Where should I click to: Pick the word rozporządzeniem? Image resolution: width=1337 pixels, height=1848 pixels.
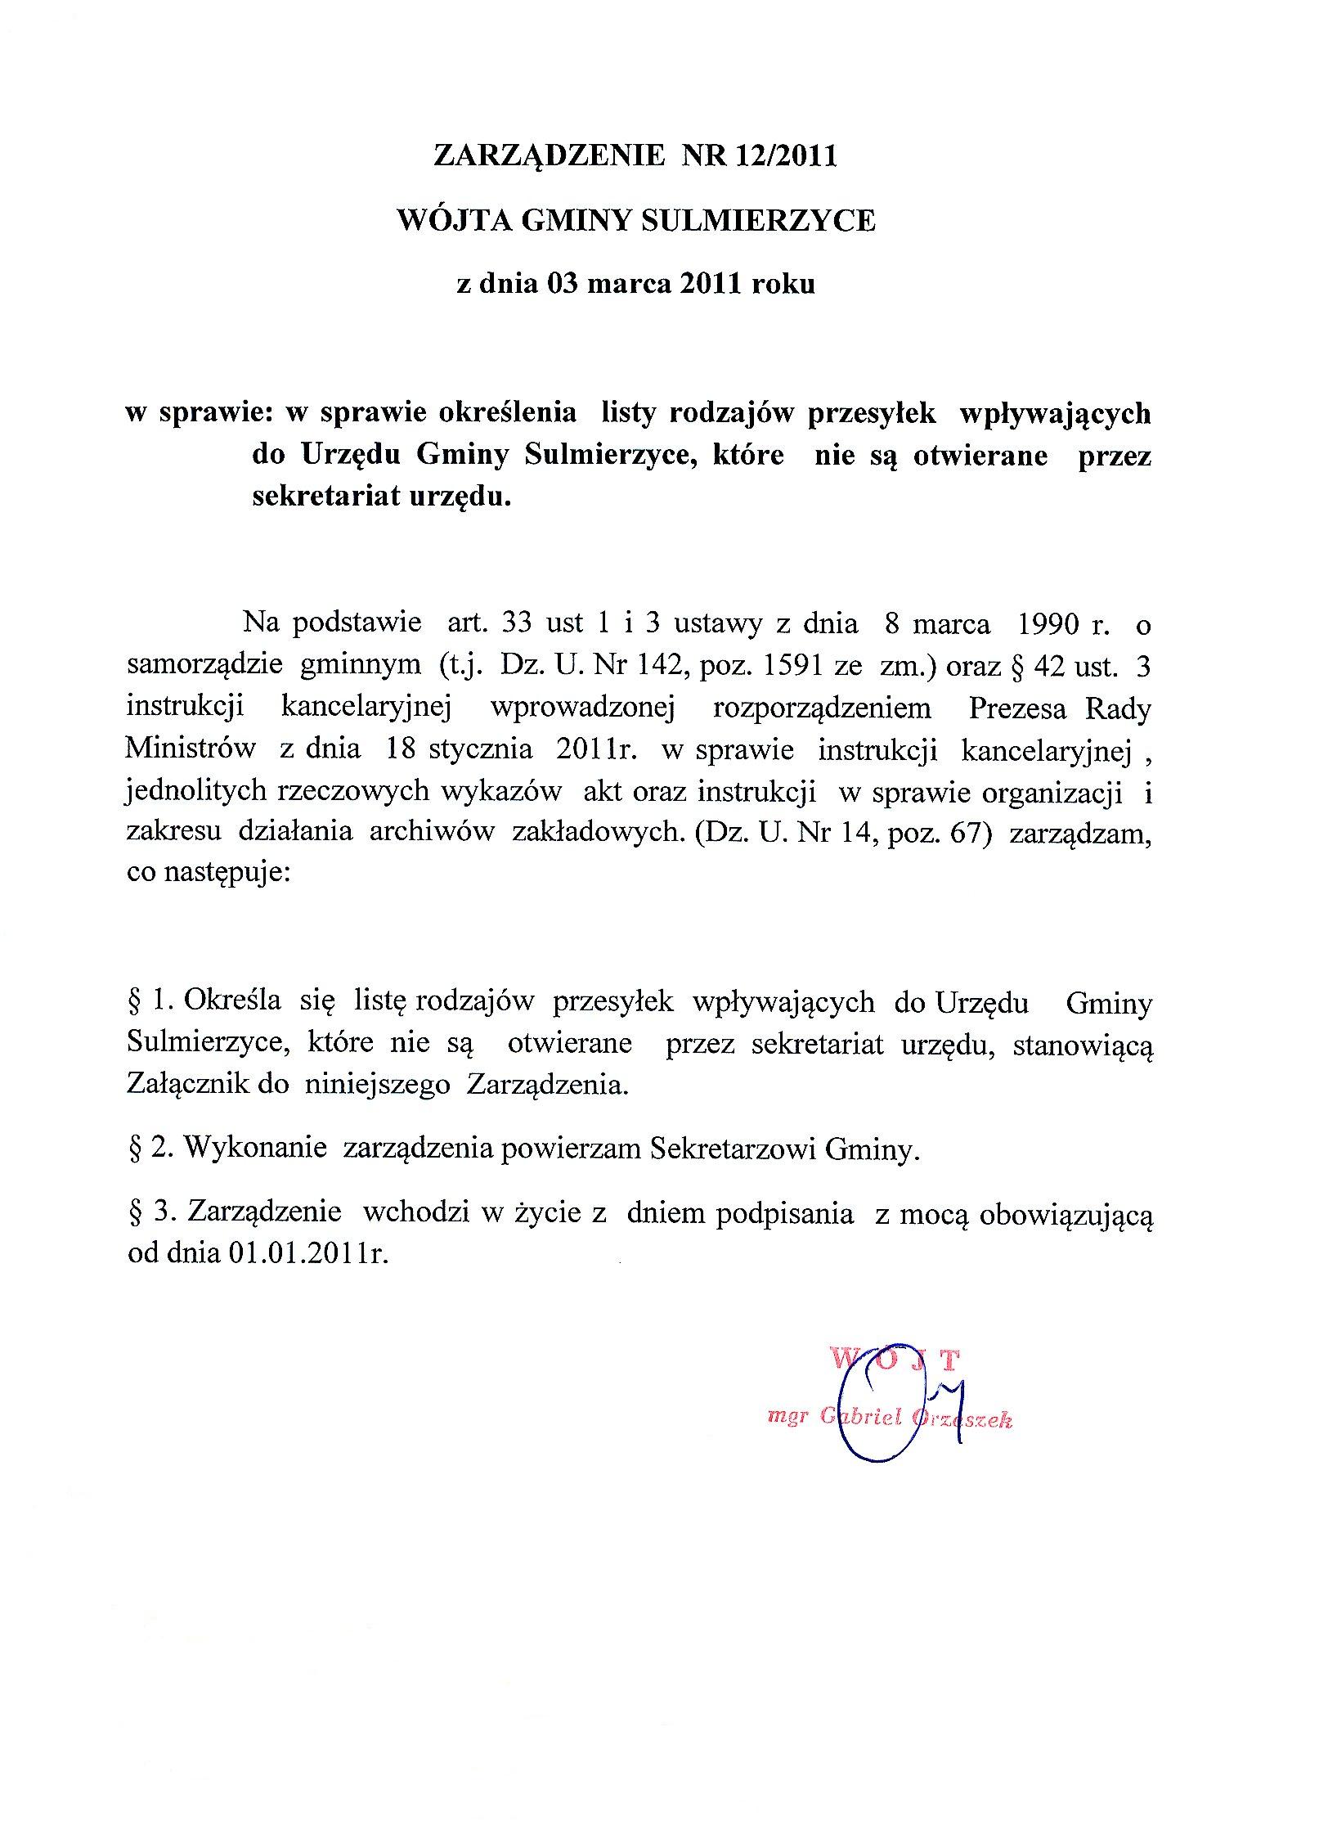click(823, 708)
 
